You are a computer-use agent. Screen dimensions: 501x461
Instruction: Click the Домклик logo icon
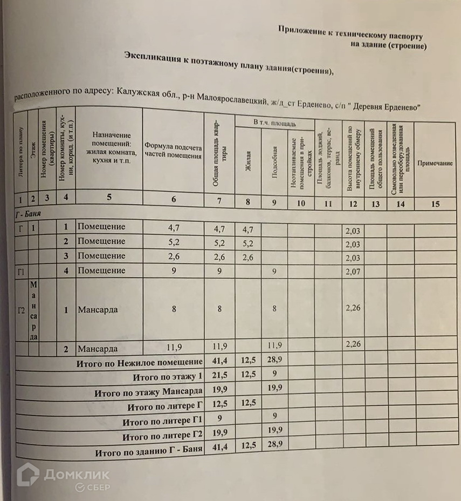28,475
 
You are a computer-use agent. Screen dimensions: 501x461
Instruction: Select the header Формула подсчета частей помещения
173,151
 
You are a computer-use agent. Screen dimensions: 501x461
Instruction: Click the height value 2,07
352,271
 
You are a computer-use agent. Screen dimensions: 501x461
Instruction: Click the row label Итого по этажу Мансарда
148,391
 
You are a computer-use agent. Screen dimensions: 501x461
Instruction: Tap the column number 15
436,203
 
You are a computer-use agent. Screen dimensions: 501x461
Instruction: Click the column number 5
109,197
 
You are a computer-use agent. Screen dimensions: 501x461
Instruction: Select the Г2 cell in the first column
22,310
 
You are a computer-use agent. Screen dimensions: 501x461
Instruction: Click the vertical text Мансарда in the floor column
33,310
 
